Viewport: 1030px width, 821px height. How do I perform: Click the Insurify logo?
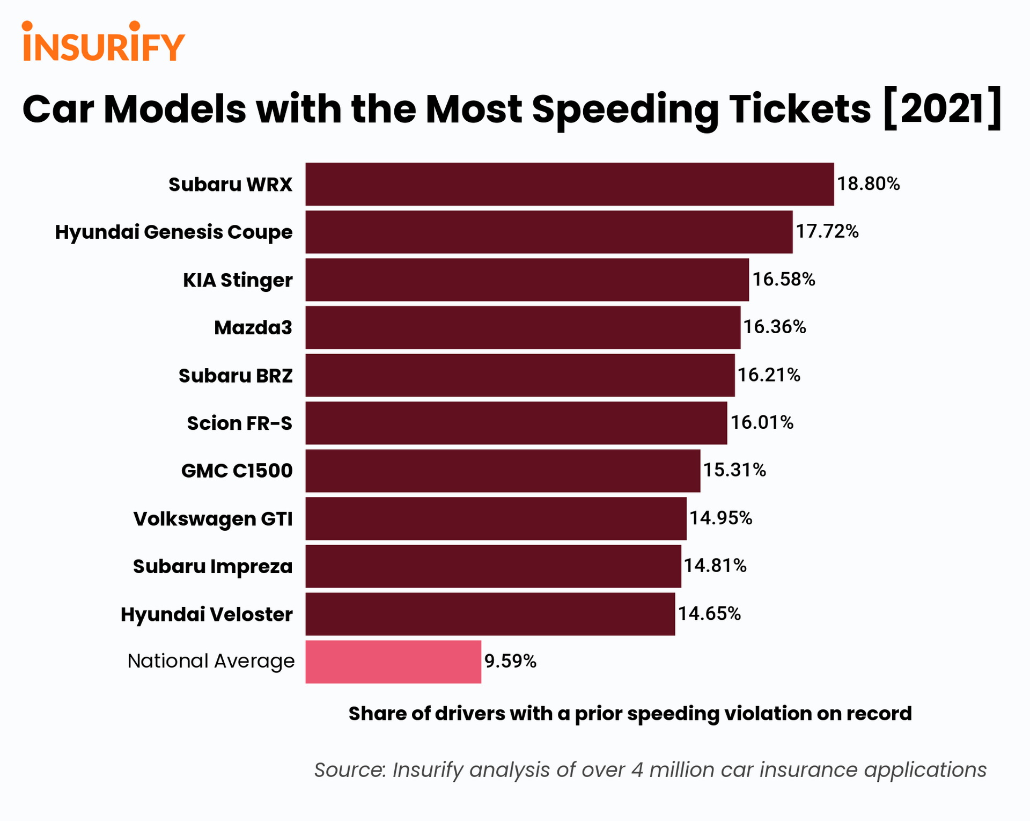104,42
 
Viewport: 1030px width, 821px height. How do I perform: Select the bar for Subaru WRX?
569,184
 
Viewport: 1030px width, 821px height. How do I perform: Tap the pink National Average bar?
393,662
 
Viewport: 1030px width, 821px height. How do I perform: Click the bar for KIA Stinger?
527,280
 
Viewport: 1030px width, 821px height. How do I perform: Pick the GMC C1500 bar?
503,471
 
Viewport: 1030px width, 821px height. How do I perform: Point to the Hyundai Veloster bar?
490,614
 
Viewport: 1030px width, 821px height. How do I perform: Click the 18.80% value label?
868,184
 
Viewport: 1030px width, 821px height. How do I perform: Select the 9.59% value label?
510,661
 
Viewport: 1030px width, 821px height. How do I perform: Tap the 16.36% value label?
774,327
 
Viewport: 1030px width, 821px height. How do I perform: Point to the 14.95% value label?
720,518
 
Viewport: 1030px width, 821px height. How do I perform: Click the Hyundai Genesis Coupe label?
174,232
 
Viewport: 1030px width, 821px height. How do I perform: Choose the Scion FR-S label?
239,423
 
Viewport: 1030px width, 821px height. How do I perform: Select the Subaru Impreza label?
212,567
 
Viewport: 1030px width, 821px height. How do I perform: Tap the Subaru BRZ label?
236,376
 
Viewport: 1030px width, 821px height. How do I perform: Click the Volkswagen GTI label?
213,519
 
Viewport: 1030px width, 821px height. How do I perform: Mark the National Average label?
211,661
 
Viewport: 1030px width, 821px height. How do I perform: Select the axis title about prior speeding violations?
630,714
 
